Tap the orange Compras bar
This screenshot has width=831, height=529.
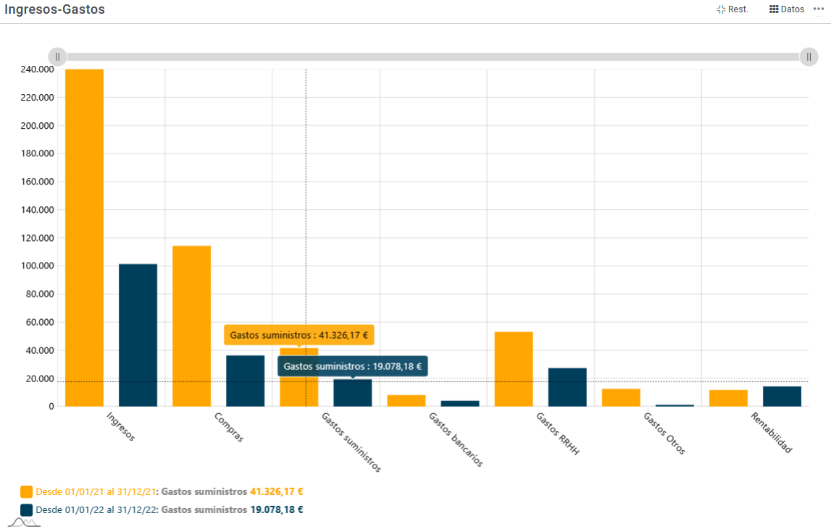click(x=191, y=326)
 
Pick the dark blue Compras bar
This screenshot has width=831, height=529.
click(x=245, y=381)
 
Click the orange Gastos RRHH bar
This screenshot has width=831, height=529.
click(x=514, y=369)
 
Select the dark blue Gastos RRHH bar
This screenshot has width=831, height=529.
click(x=567, y=387)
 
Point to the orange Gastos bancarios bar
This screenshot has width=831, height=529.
click(x=406, y=401)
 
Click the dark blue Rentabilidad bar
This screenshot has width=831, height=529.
click(x=782, y=397)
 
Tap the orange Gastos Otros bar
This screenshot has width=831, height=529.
click(x=621, y=398)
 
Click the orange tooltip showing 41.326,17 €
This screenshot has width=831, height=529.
click(x=298, y=335)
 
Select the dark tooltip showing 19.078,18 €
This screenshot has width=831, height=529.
click(x=353, y=366)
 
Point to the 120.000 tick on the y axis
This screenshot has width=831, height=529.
click(x=36, y=238)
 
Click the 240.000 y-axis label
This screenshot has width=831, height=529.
click(x=36, y=69)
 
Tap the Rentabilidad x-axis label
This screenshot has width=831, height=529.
click(x=772, y=432)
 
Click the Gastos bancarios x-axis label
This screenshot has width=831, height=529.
click(x=456, y=439)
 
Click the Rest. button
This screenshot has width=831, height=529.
click(x=732, y=9)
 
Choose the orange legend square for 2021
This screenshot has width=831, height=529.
click(x=27, y=491)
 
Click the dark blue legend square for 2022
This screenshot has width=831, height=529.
click(x=27, y=509)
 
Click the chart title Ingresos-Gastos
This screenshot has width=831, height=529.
click(x=54, y=9)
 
